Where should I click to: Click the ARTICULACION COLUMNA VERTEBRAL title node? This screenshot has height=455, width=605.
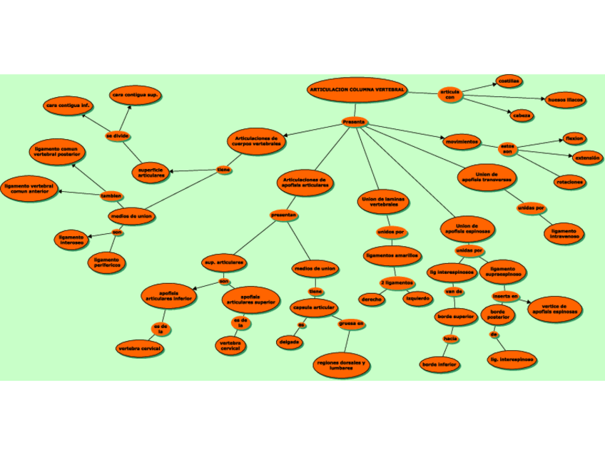click(x=357, y=91)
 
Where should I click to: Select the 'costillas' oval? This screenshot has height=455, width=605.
click(x=509, y=81)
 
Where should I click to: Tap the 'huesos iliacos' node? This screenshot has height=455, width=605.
click(x=565, y=101)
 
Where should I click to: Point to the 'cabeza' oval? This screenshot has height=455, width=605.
click(x=521, y=115)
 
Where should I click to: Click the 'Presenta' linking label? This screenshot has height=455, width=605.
click(x=354, y=122)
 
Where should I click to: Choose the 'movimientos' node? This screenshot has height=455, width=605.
click(x=462, y=142)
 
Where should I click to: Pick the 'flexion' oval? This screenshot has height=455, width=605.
click(x=574, y=138)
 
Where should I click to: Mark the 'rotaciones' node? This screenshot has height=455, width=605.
click(x=569, y=182)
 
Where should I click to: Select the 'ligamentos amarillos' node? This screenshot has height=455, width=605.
click(x=392, y=255)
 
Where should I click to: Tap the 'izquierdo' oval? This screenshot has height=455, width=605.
click(x=417, y=298)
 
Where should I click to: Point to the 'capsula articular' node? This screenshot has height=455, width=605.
click(x=313, y=308)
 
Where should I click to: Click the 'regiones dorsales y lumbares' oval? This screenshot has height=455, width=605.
click(x=341, y=365)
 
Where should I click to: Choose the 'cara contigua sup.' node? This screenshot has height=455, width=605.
click(x=135, y=95)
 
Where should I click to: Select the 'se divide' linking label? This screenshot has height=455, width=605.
click(x=117, y=135)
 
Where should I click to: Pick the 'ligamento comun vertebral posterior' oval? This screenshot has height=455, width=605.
click(x=56, y=152)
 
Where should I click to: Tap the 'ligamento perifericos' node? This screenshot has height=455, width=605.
click(x=107, y=262)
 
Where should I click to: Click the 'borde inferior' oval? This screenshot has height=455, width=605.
click(x=439, y=364)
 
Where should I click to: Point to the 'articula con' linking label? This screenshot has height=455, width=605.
click(x=449, y=95)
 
